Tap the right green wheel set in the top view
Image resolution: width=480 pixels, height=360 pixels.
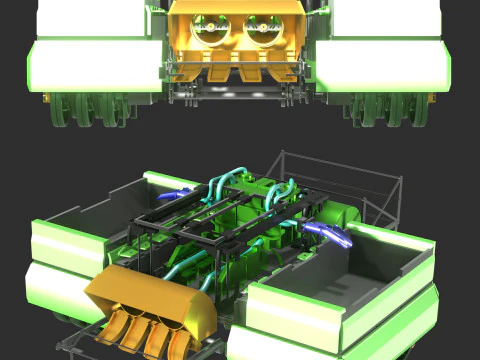tap(390, 110)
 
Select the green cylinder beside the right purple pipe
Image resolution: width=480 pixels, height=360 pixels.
tap(345, 214)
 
